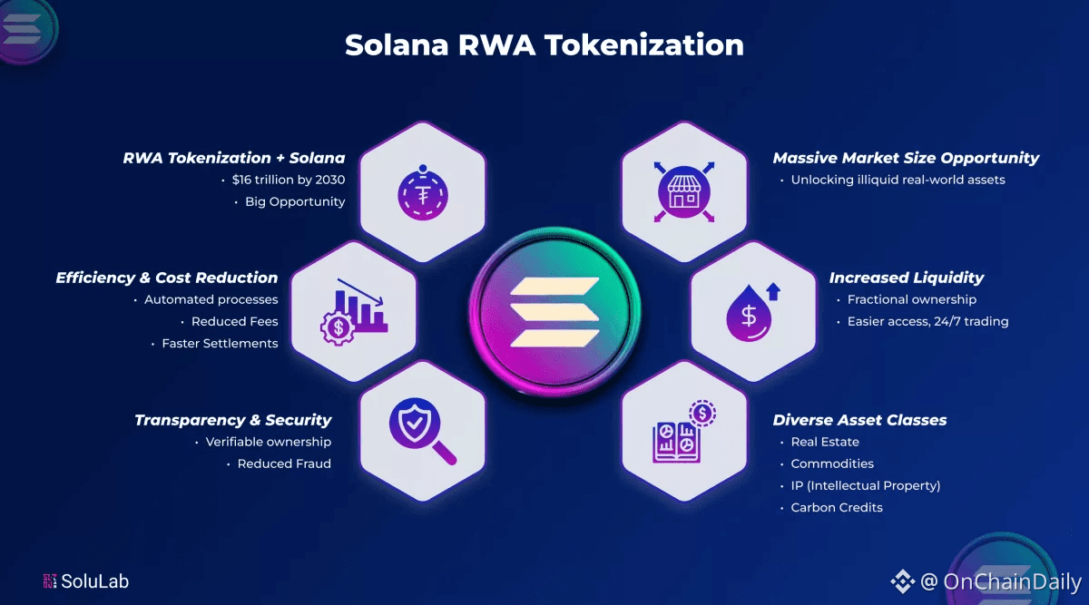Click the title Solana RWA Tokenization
click(x=544, y=44)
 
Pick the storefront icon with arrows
click(x=685, y=190)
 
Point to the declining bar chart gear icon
click(x=353, y=310)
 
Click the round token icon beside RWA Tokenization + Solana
click(x=423, y=191)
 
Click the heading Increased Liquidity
click(x=906, y=278)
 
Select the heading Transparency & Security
click(x=233, y=420)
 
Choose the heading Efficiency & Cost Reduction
click(x=167, y=278)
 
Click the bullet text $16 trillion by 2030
click(x=288, y=180)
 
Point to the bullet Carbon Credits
click(x=836, y=507)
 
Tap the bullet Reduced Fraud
click(x=283, y=464)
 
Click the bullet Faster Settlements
click(x=220, y=343)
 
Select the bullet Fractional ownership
click(x=911, y=299)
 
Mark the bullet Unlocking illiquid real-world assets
click(x=898, y=180)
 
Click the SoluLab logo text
click(x=94, y=581)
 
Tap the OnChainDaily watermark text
click(x=1011, y=581)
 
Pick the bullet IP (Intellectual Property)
click(x=865, y=485)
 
